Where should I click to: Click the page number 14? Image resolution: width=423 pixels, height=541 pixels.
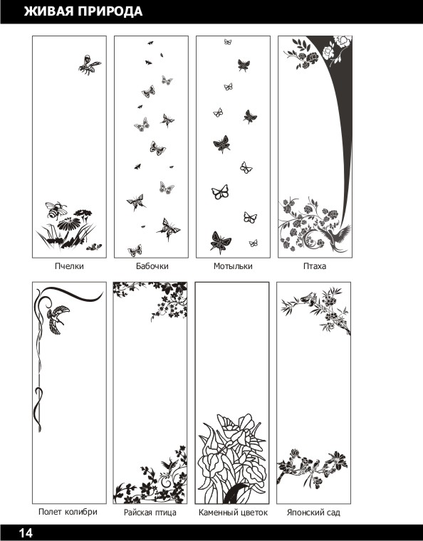coord(26,533)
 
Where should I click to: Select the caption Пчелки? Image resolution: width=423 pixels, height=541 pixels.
coord(69,266)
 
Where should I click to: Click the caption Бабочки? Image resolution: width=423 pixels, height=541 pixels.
coord(152,266)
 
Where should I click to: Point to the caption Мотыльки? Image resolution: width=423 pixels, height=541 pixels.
coord(233,266)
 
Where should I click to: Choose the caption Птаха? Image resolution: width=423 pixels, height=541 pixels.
coord(315,266)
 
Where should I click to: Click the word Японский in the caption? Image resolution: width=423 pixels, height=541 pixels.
coord(302,513)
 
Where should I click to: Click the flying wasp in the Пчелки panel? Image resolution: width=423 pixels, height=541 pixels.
coord(89,65)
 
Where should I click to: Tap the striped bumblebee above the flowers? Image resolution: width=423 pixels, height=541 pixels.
coord(56,210)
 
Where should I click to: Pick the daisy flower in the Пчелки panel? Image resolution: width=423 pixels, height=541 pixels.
coord(68,224)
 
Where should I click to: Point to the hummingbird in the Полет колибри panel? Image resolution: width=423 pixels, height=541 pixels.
coord(57,319)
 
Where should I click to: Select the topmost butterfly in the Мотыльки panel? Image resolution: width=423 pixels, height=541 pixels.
coord(228,42)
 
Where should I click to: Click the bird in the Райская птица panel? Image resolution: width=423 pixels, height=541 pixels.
coord(170,463)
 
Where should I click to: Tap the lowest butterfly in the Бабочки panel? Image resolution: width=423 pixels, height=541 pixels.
coord(135,250)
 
